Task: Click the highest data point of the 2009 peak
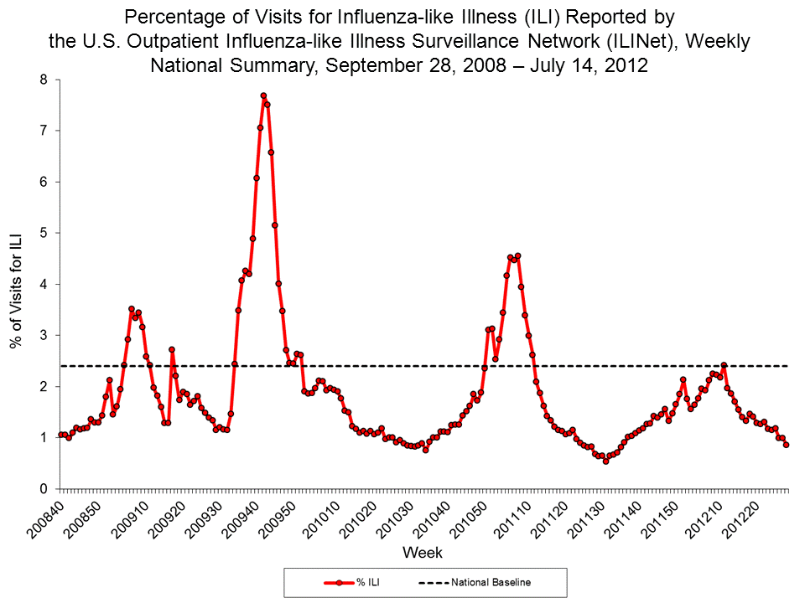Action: click(263, 95)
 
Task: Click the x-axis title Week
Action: click(423, 553)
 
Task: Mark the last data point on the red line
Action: click(786, 445)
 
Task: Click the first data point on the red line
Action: click(60, 435)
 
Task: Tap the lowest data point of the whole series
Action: click(605, 461)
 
